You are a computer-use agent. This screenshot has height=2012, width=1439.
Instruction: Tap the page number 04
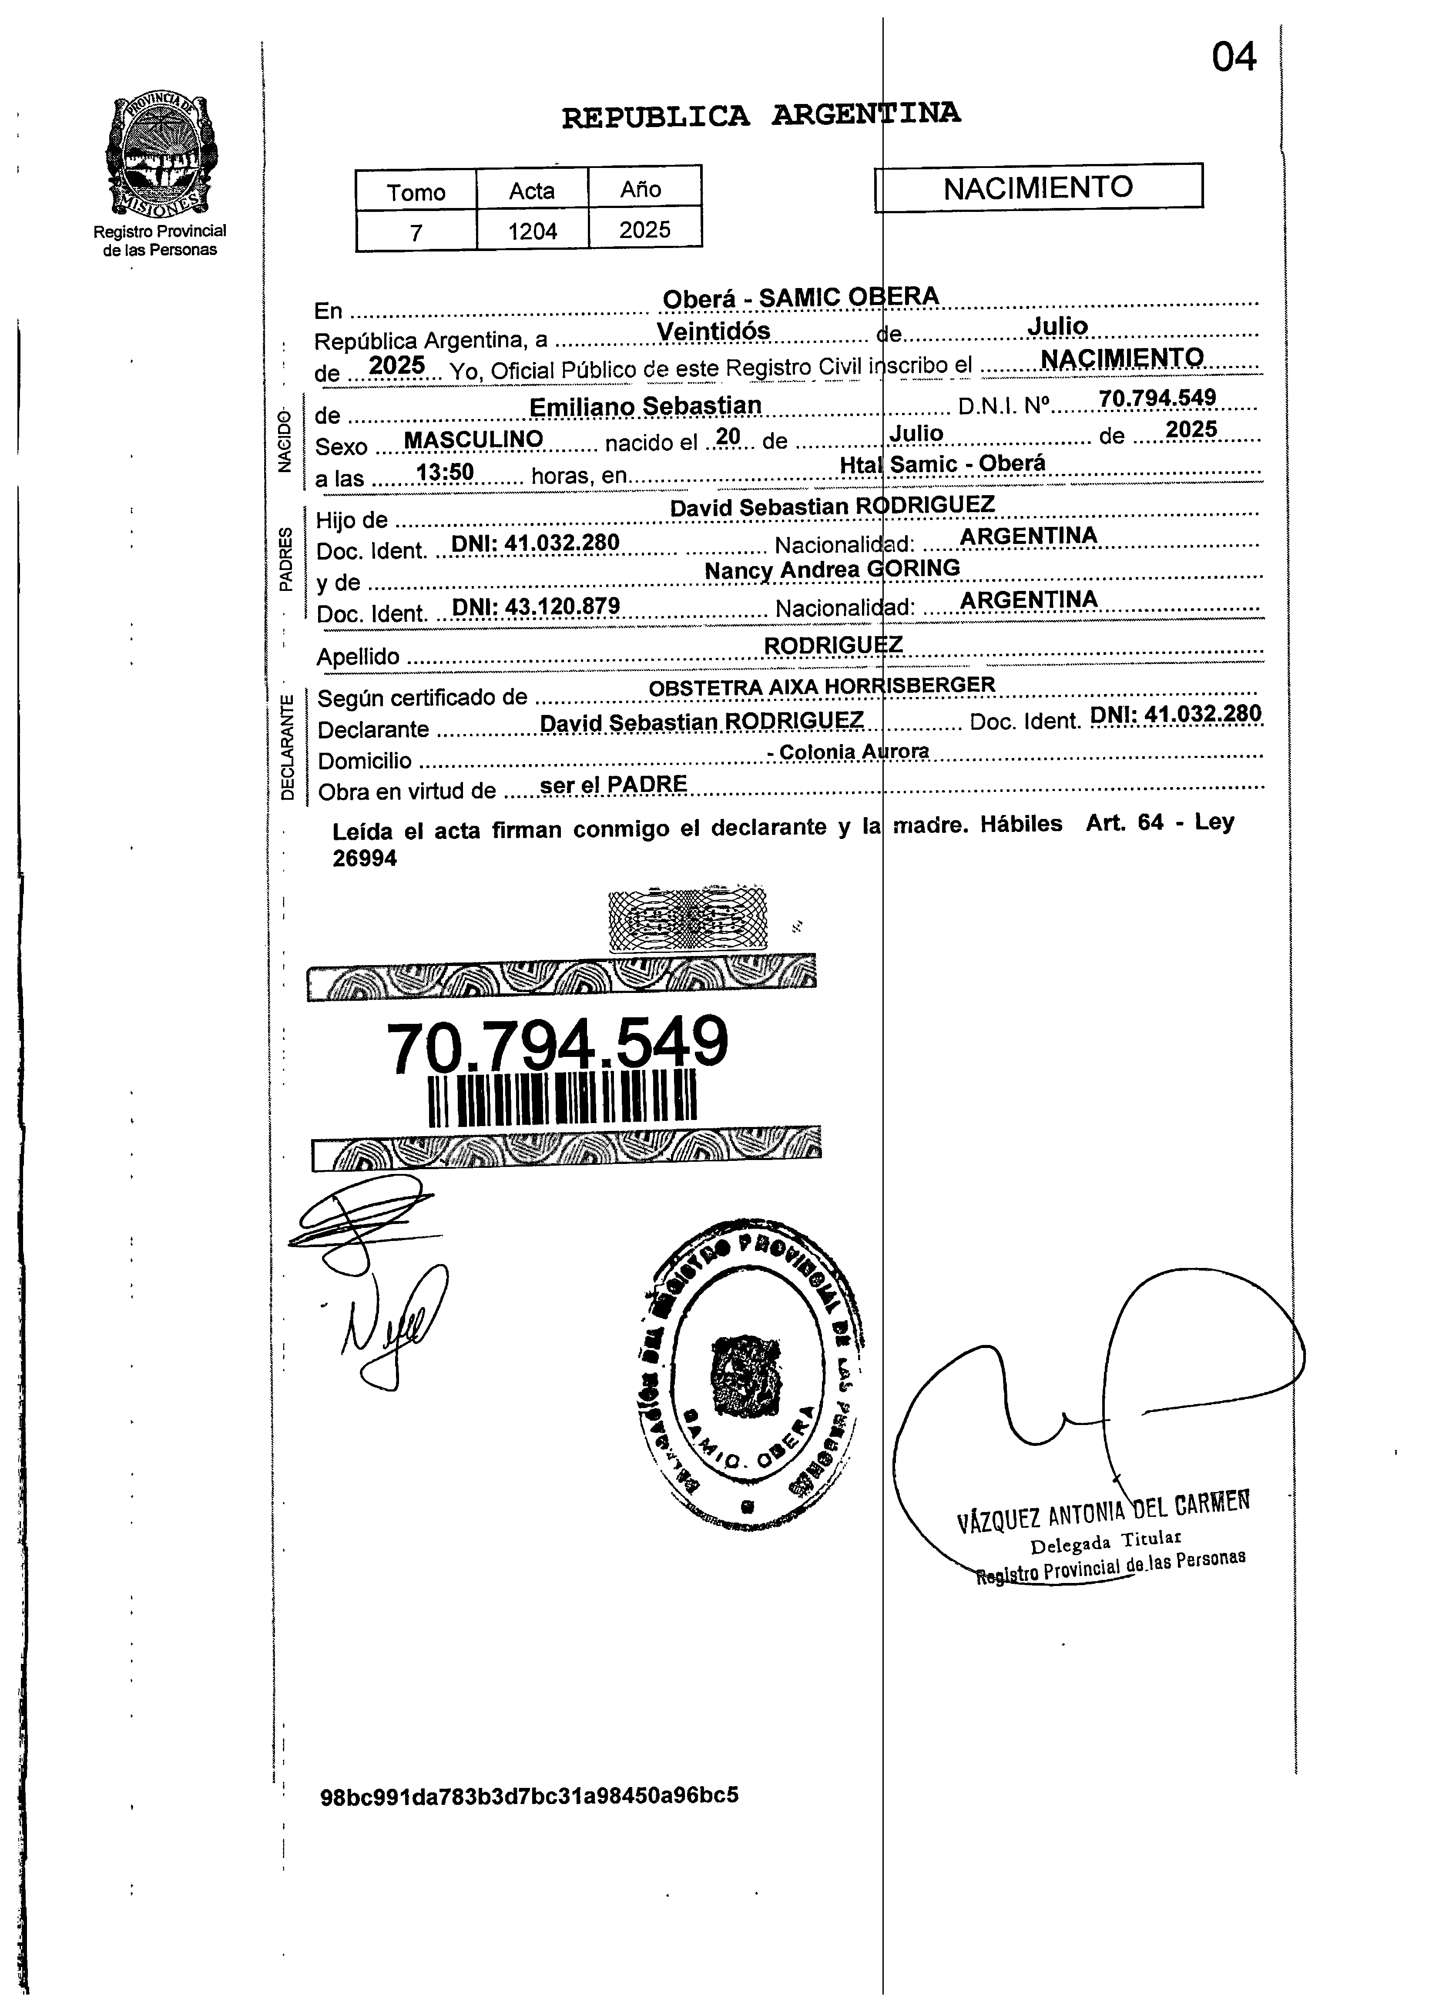pos(1234,58)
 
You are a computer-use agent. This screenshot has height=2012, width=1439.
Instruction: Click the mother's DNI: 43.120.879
pos(535,607)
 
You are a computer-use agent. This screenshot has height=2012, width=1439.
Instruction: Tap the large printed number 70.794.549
pos(557,1045)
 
